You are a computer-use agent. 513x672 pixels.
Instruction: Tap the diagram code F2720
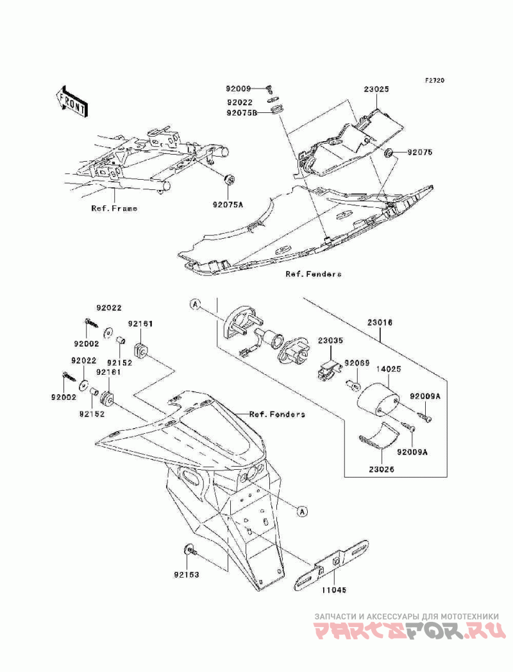pos(435,80)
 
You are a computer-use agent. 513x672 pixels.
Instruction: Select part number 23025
pos(376,90)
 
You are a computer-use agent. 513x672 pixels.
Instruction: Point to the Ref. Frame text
pos(114,209)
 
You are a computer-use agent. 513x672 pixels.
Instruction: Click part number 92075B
pos(242,113)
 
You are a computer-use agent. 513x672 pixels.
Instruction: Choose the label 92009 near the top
pos(239,89)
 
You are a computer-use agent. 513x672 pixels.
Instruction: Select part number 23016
pos(379,323)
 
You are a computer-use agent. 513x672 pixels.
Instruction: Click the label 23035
pos(330,341)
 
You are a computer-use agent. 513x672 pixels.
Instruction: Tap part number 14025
pos(389,368)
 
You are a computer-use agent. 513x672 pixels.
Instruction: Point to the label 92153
pos(186,574)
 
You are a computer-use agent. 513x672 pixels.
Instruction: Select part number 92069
pos(357,362)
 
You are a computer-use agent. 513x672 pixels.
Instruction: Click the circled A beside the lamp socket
pos(195,304)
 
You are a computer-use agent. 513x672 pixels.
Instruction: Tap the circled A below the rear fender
pos(302,511)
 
